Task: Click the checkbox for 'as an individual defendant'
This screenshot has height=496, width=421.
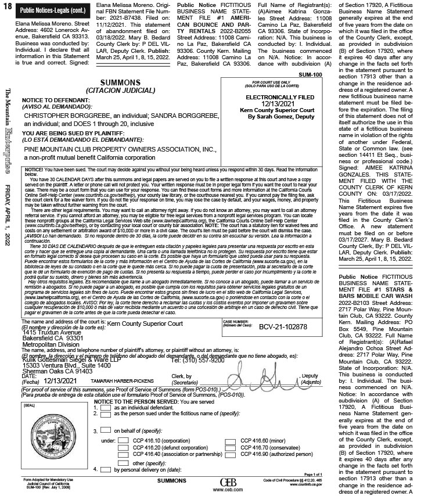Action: pyautogui.click(x=106, y=408)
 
